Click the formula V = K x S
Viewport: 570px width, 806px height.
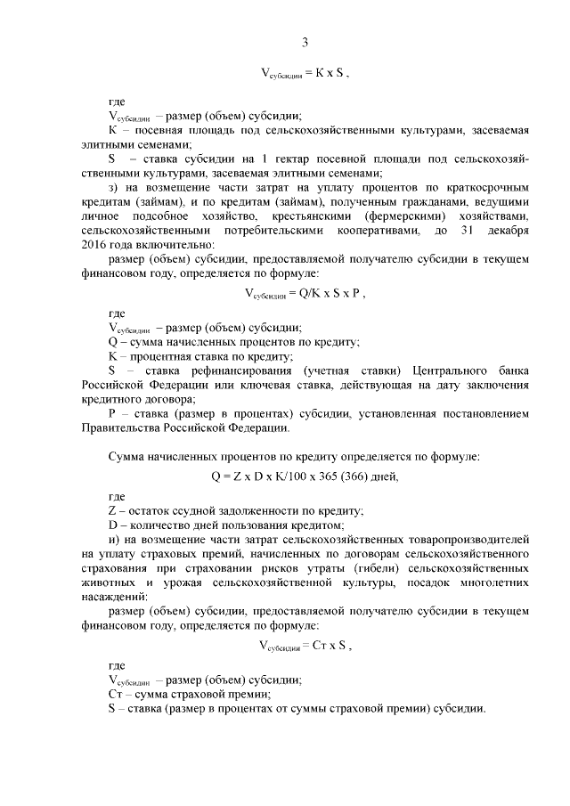[305, 75]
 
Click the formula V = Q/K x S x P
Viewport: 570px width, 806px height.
[305, 292]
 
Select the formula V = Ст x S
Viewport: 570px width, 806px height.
[305, 646]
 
